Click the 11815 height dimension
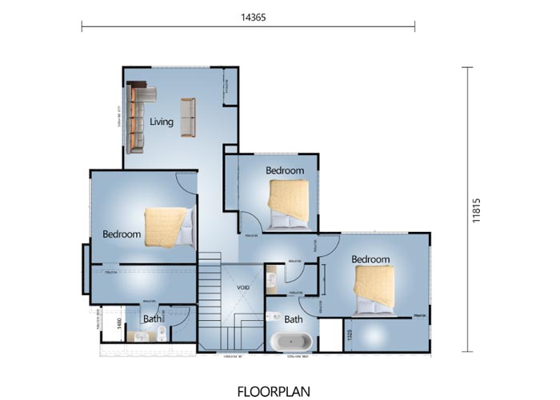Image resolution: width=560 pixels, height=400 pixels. [477, 209]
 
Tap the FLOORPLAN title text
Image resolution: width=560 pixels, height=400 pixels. [279, 391]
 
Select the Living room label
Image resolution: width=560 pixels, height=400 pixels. [162, 122]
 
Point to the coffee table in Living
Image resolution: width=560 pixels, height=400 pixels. [188, 117]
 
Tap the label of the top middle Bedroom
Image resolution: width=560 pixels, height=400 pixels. [285, 170]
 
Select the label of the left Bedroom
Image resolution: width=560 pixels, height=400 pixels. [122, 234]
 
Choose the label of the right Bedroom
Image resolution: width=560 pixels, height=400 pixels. [370, 259]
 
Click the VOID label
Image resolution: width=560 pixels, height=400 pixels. [244, 287]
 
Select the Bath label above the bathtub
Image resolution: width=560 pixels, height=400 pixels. [294, 319]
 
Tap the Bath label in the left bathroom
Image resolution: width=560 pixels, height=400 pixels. [151, 319]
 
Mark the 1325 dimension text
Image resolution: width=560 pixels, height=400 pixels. [350, 334]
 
